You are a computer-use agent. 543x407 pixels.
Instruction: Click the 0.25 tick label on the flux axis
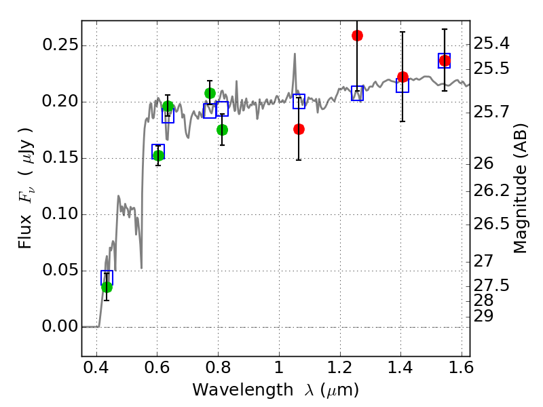58,45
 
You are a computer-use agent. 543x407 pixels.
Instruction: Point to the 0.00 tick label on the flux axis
58,326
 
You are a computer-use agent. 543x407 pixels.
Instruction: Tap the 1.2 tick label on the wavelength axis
340,367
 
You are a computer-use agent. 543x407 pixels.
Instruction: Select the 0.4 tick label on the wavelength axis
96,367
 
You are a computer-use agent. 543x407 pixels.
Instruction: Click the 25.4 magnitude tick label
491,43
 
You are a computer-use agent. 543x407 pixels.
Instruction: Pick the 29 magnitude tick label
483,316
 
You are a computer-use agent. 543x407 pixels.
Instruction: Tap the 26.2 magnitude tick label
491,191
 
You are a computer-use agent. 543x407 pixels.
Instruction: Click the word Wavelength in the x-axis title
243,390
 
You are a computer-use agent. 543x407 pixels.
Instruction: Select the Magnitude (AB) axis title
519,189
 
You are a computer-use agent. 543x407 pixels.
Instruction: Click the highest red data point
357,36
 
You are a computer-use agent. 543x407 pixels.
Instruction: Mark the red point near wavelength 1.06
299,130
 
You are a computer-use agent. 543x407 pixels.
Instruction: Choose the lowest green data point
107,287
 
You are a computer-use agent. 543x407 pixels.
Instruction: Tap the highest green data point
210,93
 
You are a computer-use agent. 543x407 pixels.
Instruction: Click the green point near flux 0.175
223,130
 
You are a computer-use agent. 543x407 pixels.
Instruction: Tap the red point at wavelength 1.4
402,77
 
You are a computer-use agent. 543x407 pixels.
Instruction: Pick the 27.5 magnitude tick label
491,285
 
